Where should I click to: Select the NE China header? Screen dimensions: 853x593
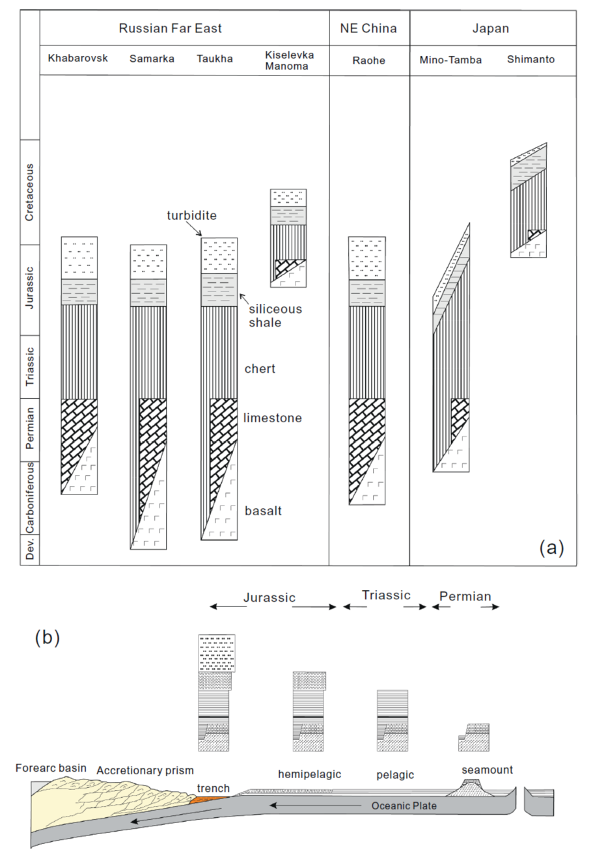coord(369,28)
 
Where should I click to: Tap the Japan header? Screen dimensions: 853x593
coord(492,28)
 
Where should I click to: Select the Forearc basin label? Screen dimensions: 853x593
coord(51,768)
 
